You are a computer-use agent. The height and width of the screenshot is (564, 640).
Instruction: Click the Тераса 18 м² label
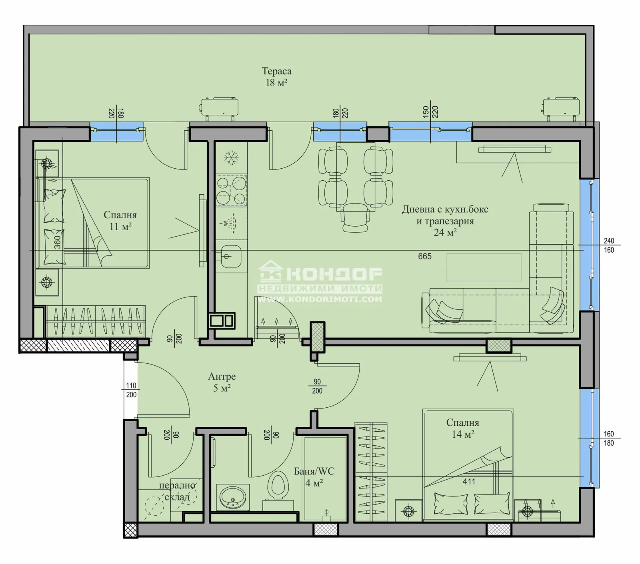click(276, 77)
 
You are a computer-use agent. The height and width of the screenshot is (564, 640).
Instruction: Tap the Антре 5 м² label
click(222, 382)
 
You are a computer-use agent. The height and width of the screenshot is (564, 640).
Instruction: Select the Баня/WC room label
click(314, 471)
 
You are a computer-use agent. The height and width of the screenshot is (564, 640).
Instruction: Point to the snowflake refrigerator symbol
click(231, 157)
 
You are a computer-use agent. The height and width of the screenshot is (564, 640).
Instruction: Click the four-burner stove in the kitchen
click(231, 190)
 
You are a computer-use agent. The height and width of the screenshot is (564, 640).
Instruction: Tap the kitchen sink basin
click(231, 256)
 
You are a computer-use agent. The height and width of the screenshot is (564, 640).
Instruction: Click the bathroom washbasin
click(232, 497)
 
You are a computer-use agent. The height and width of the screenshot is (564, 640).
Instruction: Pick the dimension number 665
click(425, 256)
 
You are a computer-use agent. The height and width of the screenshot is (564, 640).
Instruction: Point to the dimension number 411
click(469, 482)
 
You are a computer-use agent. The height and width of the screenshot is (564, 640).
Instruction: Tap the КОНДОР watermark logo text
click(334, 274)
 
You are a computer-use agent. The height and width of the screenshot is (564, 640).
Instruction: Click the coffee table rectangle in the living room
click(484, 267)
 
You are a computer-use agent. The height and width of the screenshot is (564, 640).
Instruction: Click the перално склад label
click(177, 491)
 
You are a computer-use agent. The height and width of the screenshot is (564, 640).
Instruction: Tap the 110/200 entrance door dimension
click(131, 390)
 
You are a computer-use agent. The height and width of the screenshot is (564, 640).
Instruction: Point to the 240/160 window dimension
click(609, 245)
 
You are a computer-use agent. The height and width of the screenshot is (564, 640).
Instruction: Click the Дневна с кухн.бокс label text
click(445, 209)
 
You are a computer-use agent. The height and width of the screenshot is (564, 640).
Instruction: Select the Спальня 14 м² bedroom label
click(463, 428)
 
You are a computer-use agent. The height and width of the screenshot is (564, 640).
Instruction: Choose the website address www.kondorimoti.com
click(320, 299)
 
